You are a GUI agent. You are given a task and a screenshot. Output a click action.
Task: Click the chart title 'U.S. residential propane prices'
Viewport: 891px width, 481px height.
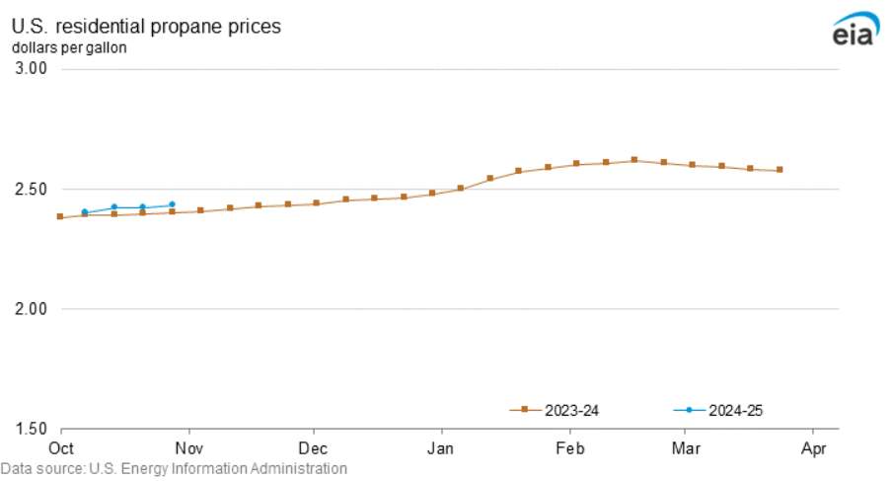pyautogui.click(x=146, y=27)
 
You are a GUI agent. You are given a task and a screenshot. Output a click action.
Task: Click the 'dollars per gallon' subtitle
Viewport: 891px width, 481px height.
pyautogui.click(x=69, y=46)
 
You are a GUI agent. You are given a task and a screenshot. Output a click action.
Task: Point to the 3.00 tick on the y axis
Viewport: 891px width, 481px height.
pyautogui.click(x=32, y=69)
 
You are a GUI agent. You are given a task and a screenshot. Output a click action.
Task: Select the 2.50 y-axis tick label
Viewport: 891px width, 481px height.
pyautogui.click(x=32, y=189)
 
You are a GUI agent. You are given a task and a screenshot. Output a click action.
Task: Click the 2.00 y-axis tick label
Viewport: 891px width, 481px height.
pyautogui.click(x=32, y=309)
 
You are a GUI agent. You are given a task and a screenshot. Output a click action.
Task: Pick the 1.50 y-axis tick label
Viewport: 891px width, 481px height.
pyautogui.click(x=32, y=430)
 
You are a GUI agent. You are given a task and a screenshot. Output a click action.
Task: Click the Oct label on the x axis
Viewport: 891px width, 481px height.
pyautogui.click(x=62, y=447)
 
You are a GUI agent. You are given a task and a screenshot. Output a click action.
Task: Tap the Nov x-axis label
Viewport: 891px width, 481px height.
pyautogui.click(x=187, y=447)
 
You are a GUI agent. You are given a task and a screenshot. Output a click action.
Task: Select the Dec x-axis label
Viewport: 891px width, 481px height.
pyautogui.click(x=313, y=447)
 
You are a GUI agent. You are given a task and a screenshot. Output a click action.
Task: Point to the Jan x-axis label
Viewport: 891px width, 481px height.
pyautogui.click(x=441, y=447)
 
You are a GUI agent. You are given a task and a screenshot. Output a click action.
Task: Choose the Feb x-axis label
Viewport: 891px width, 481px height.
pyautogui.click(x=569, y=447)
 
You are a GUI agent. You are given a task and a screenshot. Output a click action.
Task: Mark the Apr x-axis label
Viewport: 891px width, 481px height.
pyautogui.click(x=812, y=447)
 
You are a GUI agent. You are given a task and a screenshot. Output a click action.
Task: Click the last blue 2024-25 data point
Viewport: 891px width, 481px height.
pyautogui.click(x=172, y=204)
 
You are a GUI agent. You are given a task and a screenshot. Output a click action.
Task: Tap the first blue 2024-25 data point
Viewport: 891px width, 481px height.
pyautogui.click(x=85, y=211)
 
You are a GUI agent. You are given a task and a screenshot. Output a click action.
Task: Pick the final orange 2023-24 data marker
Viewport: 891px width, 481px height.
pyautogui.click(x=780, y=170)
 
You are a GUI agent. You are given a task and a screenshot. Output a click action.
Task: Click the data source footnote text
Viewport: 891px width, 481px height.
pyautogui.click(x=174, y=469)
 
